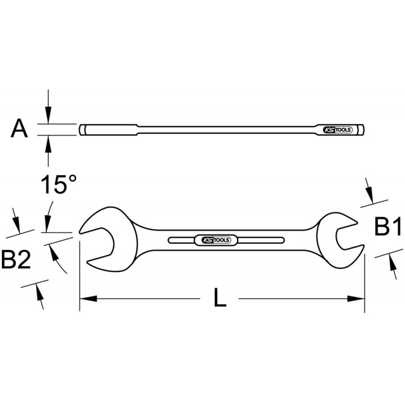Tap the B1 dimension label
coord(387,227)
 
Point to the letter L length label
coord(218,299)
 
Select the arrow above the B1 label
coord(370,195)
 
